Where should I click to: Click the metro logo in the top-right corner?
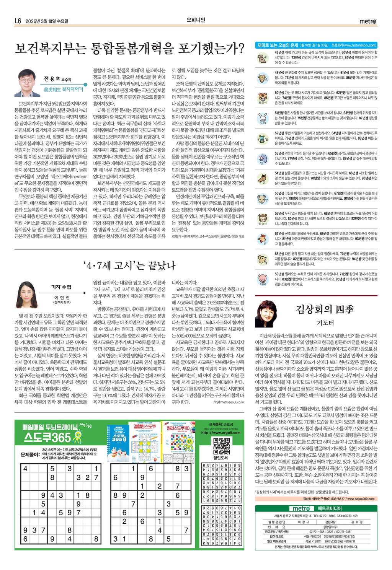tap(367, 21)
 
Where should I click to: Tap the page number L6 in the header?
tap(18, 21)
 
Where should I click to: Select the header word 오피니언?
tap(196, 20)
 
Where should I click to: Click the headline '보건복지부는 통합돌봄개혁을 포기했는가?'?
tap(129, 49)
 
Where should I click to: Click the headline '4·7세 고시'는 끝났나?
tap(129, 265)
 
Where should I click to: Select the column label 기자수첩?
tap(61, 287)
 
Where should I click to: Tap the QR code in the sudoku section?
tap(221, 446)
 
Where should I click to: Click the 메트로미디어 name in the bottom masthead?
tap(330, 508)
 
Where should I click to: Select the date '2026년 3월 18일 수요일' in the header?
tap(47, 21)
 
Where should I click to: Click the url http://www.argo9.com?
tap(221, 433)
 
